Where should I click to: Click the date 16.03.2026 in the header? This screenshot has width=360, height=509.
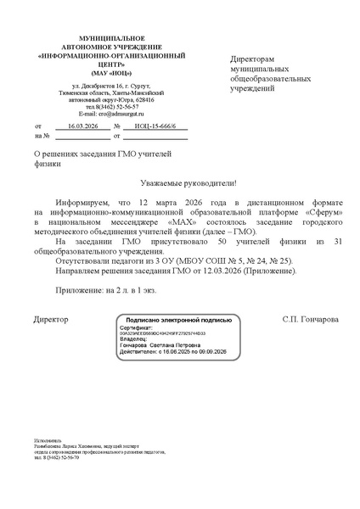pos(82,125)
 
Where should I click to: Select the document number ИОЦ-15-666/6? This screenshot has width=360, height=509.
pos(156,125)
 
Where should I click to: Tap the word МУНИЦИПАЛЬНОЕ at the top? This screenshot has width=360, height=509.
pos(99,40)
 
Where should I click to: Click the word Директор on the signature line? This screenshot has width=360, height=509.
pos(50,320)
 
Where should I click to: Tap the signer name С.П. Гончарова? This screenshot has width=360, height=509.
pos(310,320)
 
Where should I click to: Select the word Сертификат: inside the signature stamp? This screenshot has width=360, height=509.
pos(136,327)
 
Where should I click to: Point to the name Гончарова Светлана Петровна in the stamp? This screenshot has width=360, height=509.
pos(161,346)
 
